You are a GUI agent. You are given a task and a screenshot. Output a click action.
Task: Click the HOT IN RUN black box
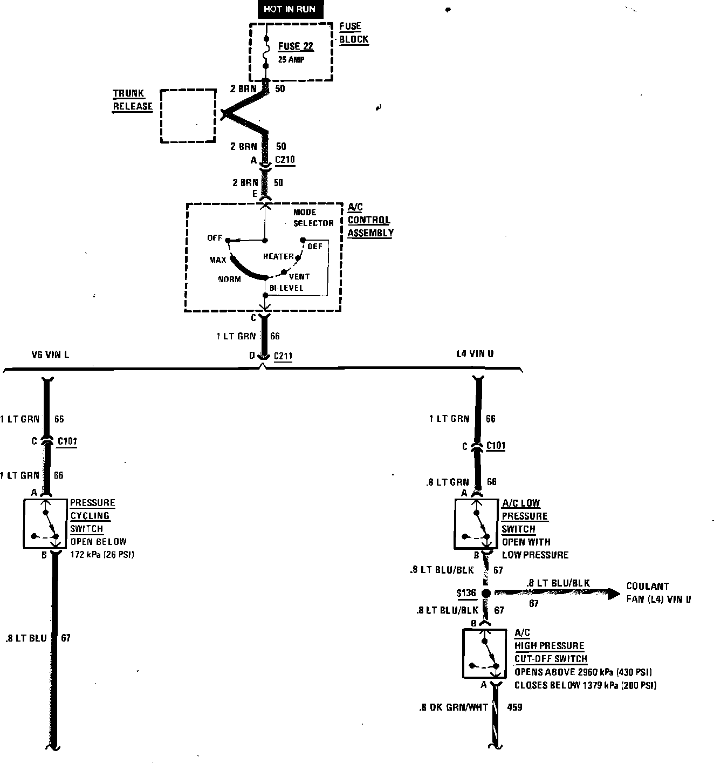[290, 9]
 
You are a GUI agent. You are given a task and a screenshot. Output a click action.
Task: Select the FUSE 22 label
[296, 46]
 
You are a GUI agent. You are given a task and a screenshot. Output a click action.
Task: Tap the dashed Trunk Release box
[188, 116]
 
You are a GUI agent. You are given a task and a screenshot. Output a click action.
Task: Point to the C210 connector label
[285, 160]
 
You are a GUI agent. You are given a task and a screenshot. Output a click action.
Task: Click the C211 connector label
[283, 356]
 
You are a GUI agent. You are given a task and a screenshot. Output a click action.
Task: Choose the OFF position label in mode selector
[215, 238]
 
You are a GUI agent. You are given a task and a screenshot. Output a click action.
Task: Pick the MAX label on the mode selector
[218, 260]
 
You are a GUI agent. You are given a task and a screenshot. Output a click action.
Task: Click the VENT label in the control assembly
[299, 276]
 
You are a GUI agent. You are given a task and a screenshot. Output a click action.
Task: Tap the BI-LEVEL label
[286, 288]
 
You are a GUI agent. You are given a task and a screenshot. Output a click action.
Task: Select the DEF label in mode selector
[314, 246]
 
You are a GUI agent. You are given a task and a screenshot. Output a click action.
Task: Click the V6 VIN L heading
[50, 355]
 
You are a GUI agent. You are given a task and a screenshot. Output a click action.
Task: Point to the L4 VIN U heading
[475, 354]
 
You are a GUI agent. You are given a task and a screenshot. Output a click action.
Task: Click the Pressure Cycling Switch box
[46, 523]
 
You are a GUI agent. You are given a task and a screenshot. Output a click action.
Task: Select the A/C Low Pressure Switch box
[477, 523]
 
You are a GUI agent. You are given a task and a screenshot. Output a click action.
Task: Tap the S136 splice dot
[485, 593]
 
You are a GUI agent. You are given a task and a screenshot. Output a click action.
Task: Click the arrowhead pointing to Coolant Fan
[614, 594]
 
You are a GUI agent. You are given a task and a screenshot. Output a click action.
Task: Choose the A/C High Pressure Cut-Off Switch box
[484, 653]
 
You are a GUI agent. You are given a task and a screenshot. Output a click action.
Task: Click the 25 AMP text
[291, 59]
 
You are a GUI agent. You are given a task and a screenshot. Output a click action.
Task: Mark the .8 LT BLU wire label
[26, 638]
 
